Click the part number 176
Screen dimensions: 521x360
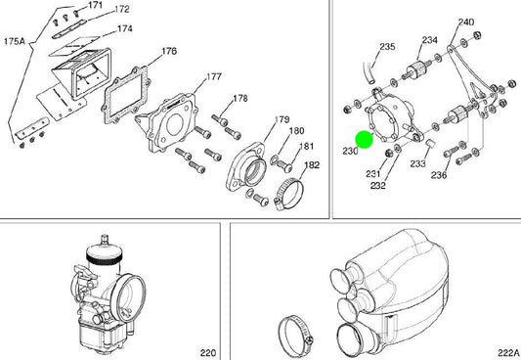(x=169, y=51)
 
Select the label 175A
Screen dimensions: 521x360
(x=15, y=41)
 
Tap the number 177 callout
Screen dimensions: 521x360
(x=214, y=76)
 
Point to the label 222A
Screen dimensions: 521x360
(x=508, y=352)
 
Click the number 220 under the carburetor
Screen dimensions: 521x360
(x=208, y=352)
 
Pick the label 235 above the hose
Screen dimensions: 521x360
(x=387, y=47)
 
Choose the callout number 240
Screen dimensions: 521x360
(x=466, y=22)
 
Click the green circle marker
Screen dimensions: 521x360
(x=365, y=140)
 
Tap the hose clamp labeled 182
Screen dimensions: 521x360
(x=288, y=194)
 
